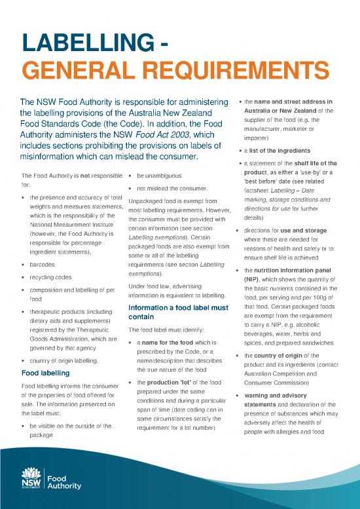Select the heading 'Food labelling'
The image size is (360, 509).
coord(48,374)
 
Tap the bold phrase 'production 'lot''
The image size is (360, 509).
coord(175,383)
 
